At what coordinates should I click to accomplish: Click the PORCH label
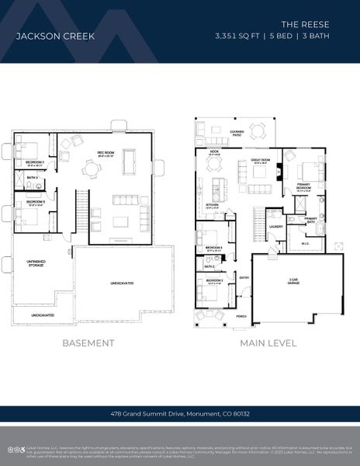(x=241, y=316)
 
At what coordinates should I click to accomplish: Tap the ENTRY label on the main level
(x=244, y=277)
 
